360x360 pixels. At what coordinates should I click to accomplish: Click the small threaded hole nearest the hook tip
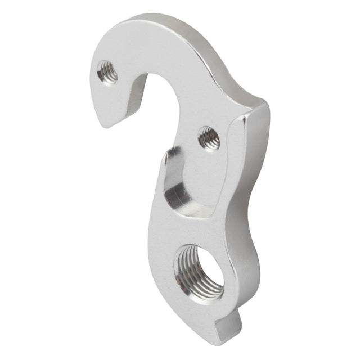(x=107, y=73)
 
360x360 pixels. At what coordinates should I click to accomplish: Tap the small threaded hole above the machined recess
(x=208, y=138)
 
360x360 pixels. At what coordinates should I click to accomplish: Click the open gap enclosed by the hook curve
(x=160, y=107)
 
